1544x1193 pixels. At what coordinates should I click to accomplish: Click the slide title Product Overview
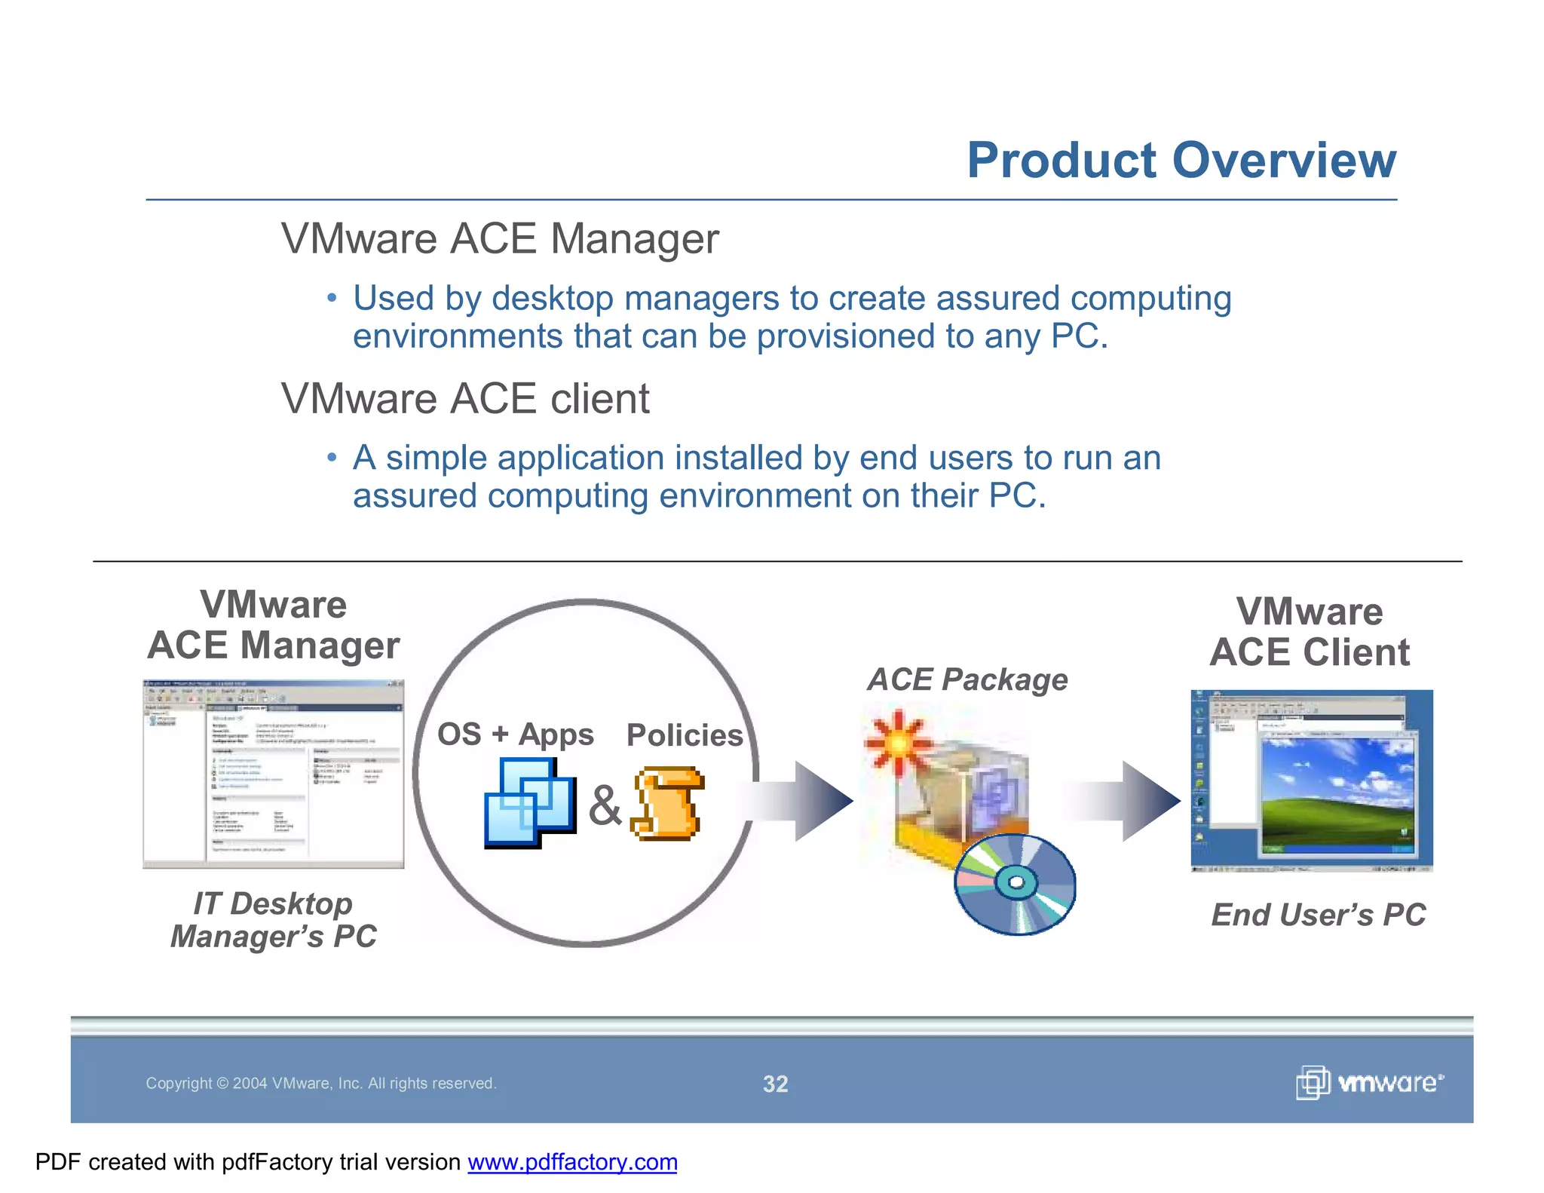(x=1181, y=161)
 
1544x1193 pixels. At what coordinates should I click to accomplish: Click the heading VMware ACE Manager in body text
(x=500, y=239)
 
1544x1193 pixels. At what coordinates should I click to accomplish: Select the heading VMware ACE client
(x=464, y=399)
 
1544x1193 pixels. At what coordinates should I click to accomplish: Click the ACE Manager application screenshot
(x=273, y=774)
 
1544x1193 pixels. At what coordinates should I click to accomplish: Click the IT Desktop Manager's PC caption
(x=273, y=920)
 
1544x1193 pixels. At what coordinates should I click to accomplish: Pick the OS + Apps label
(x=515, y=735)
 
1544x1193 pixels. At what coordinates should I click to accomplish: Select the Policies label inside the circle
(x=684, y=735)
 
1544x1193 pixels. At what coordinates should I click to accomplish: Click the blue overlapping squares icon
(x=529, y=802)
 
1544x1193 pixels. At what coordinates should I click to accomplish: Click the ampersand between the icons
(x=605, y=805)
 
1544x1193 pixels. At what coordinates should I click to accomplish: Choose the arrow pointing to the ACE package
(x=807, y=801)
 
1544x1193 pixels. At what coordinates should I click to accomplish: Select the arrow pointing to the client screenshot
(x=1134, y=801)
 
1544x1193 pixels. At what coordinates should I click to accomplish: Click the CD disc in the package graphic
(x=1015, y=884)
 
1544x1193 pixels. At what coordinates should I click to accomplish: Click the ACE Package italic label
(x=967, y=680)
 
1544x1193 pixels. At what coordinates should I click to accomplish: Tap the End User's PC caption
(x=1318, y=915)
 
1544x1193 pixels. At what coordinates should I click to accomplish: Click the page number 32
(x=775, y=1084)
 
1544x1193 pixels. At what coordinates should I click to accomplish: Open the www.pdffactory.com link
(x=572, y=1162)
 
